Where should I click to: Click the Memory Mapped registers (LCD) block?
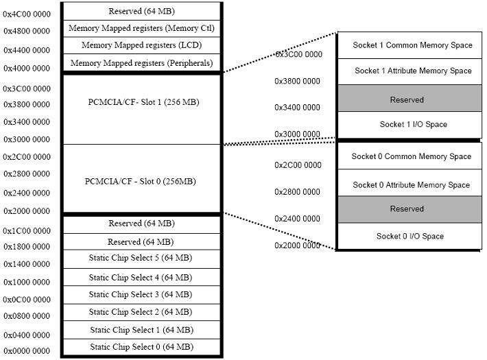[141, 45]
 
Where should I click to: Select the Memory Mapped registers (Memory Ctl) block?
[141, 29]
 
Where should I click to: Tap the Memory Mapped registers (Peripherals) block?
[141, 63]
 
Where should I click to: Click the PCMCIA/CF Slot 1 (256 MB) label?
[143, 102]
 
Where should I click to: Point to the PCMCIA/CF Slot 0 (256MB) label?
[141, 182]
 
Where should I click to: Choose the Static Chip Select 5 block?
[141, 259]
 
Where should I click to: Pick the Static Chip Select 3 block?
[141, 295]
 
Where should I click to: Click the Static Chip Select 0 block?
[141, 347]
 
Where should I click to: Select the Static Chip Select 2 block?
[141, 312]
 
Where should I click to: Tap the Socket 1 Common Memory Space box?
[409, 45]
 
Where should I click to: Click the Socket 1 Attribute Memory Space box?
[409, 71]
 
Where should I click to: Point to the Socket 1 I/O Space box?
[409, 125]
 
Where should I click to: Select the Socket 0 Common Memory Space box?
[409, 156]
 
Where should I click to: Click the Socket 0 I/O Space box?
[409, 236]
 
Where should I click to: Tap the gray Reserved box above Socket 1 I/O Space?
[409, 98]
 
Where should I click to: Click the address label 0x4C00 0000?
[27, 14]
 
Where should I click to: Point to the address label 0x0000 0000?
[27, 350]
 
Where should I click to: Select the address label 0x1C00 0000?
[27, 231]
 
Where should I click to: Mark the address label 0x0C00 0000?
[27, 300]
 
